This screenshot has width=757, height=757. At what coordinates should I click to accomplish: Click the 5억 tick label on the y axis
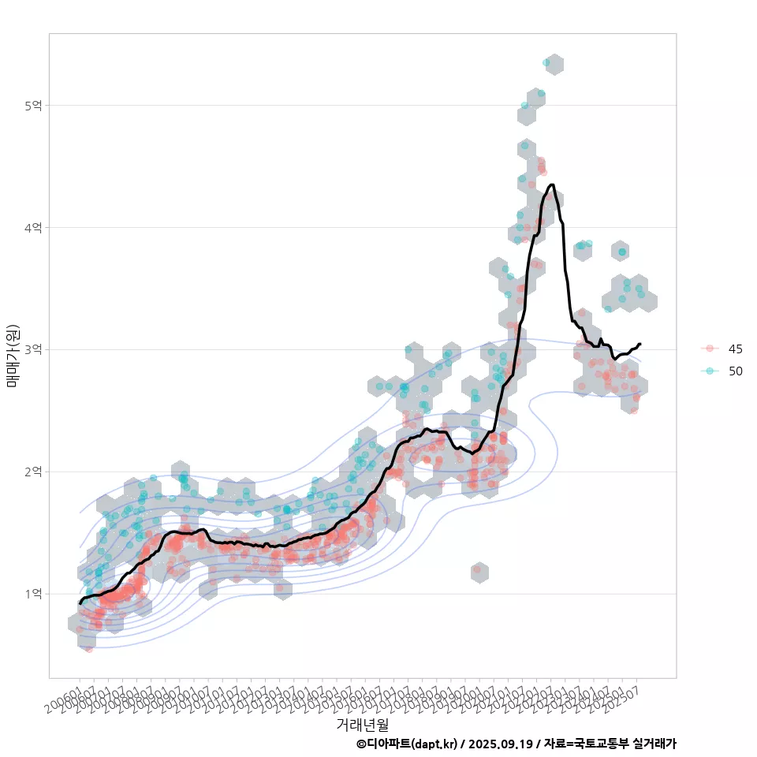[35, 106]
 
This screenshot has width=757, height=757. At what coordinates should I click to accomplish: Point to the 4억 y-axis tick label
[35, 228]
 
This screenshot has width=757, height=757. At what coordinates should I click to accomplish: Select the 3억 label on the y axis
[35, 349]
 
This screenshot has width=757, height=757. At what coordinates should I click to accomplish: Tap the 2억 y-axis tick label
[35, 472]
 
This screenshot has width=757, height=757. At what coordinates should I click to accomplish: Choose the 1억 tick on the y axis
[35, 594]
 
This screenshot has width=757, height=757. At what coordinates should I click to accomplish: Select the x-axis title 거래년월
[362, 723]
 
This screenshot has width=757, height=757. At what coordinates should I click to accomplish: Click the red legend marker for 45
[710, 349]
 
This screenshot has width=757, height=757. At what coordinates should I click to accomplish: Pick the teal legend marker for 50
[710, 371]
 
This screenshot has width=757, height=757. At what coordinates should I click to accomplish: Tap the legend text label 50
[736, 371]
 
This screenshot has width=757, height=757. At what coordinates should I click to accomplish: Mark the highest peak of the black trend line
[551, 185]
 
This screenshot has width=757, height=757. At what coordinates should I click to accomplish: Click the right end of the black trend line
[640, 344]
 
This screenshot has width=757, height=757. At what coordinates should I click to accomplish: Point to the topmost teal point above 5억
[546, 62]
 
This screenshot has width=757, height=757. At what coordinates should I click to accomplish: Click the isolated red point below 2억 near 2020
[476, 569]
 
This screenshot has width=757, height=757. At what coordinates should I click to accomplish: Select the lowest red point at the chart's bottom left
[89, 649]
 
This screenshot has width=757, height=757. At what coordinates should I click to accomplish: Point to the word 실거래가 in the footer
[655, 744]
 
